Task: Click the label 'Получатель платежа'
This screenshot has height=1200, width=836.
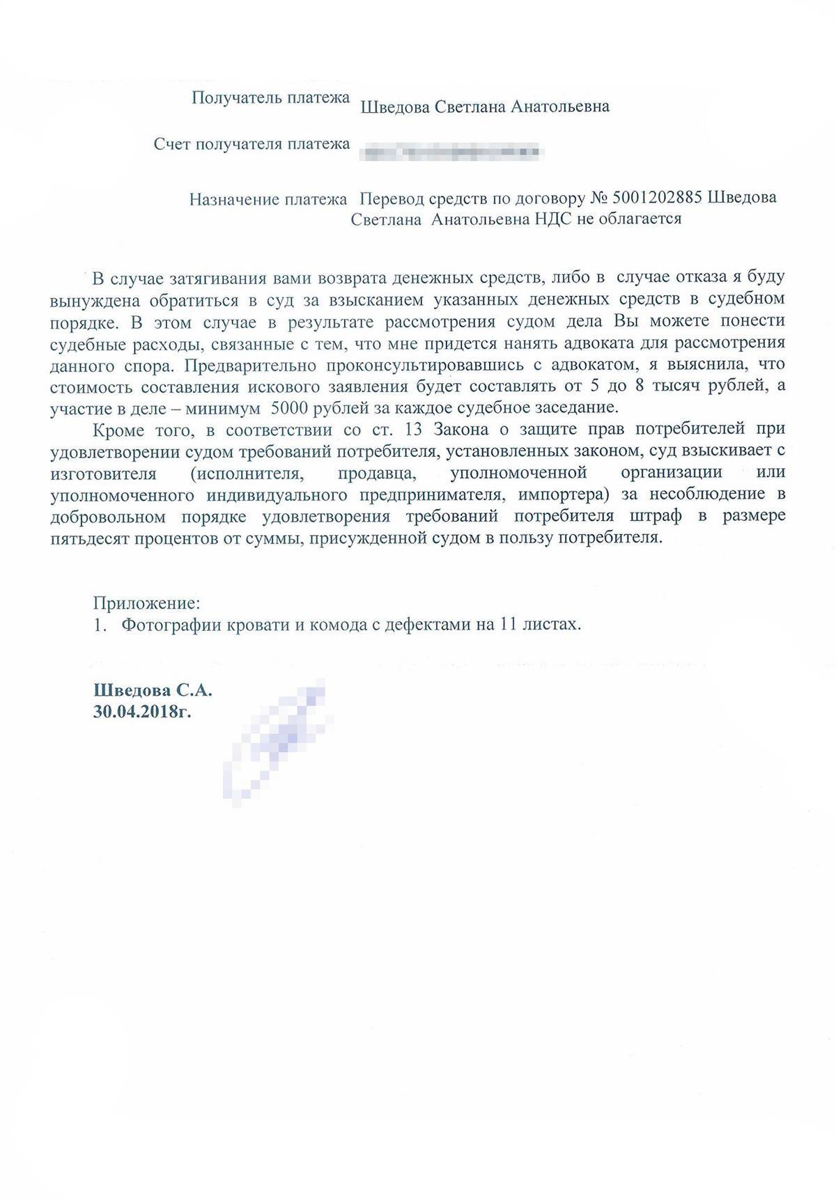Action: [x=270, y=98]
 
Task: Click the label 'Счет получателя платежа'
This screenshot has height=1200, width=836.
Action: [x=251, y=144]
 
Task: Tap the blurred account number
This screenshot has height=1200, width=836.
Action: [x=449, y=149]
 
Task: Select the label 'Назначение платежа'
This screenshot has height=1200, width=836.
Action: [x=268, y=200]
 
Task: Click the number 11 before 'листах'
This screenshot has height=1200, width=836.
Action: [x=511, y=624]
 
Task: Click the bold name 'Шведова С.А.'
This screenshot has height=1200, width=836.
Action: [x=153, y=691]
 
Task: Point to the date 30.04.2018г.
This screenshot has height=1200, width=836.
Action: [x=143, y=712]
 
